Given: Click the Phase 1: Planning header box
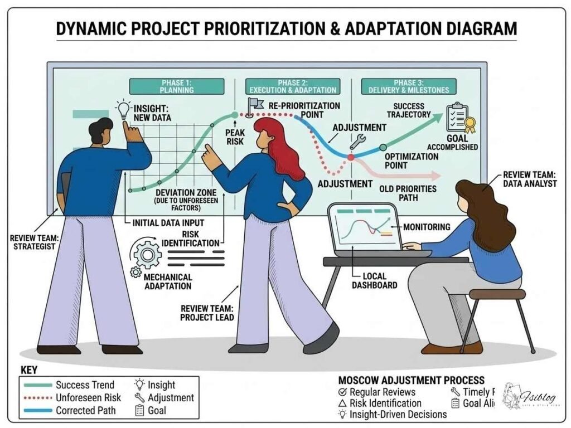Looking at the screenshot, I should [x=177, y=86].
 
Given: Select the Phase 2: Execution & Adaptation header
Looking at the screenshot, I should [x=293, y=86].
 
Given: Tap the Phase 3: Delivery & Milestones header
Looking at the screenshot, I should [x=405, y=86].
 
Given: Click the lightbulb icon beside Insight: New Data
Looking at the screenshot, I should [x=122, y=108].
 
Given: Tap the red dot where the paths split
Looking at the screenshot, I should [x=351, y=158].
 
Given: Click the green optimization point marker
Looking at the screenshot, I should [x=383, y=147].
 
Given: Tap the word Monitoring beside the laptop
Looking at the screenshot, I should [x=427, y=227].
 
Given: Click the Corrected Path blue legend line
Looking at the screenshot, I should [x=36, y=411].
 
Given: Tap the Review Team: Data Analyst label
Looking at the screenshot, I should [x=529, y=179].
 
